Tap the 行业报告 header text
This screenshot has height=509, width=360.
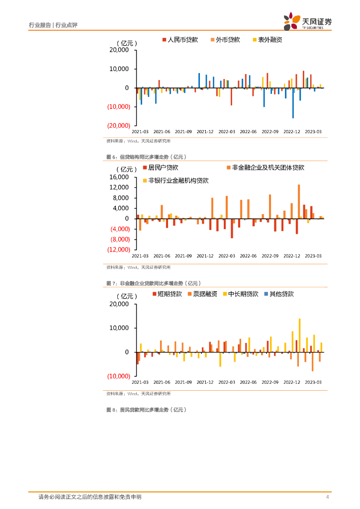pos(40,25)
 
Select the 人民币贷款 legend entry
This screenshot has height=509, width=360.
pos(180,39)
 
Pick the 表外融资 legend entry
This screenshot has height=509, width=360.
pos(267,39)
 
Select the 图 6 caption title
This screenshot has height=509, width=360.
pos(146,157)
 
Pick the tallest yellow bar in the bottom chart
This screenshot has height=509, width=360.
pos(299,335)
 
